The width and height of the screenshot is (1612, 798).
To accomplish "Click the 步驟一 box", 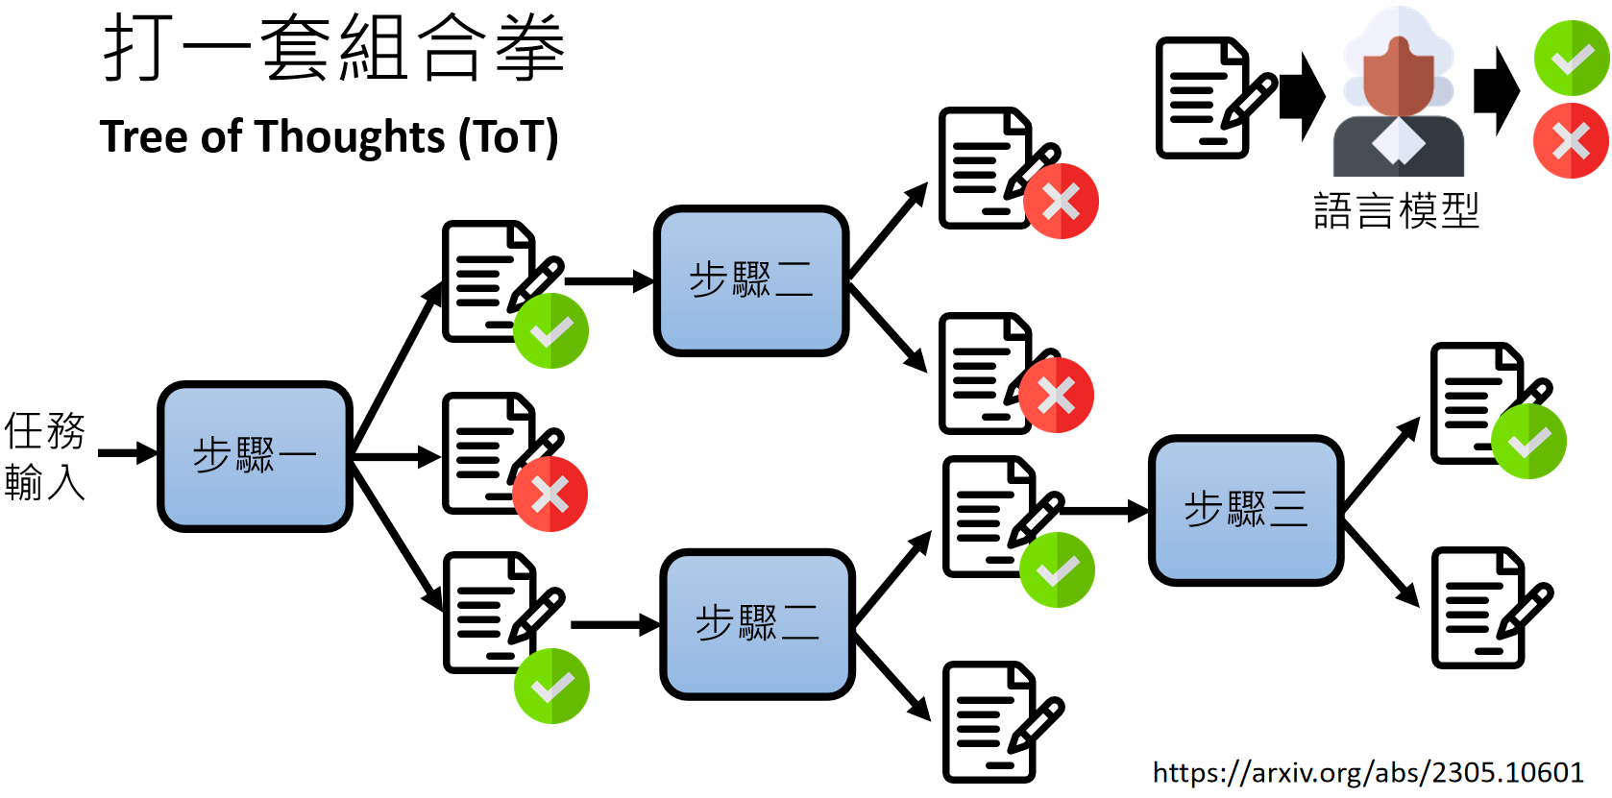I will (255, 456).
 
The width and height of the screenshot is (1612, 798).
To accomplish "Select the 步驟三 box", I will (1245, 510).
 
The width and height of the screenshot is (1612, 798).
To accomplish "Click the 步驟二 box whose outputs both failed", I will (751, 280).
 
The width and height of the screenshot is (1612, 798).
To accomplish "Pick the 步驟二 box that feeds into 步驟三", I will (757, 624).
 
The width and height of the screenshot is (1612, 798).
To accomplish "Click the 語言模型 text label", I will (1395, 210).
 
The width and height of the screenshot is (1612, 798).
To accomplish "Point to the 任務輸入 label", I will (44, 456).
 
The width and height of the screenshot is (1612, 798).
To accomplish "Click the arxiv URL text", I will (1368, 772).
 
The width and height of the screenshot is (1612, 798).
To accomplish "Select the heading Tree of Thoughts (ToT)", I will (329, 137).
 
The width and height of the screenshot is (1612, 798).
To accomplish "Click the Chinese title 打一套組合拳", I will (333, 48).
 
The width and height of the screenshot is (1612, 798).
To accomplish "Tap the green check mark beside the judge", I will (1571, 58).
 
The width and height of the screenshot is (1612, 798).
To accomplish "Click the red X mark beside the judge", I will (1571, 141).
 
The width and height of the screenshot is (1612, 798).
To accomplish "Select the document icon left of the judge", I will (1210, 97).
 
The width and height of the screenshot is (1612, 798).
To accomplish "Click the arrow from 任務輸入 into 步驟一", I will (127, 453).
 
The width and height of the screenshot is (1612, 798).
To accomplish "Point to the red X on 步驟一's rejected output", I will (550, 495).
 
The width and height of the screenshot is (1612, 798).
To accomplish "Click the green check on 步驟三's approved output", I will (1528, 442).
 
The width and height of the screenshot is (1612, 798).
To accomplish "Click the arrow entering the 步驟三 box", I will (1105, 511).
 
